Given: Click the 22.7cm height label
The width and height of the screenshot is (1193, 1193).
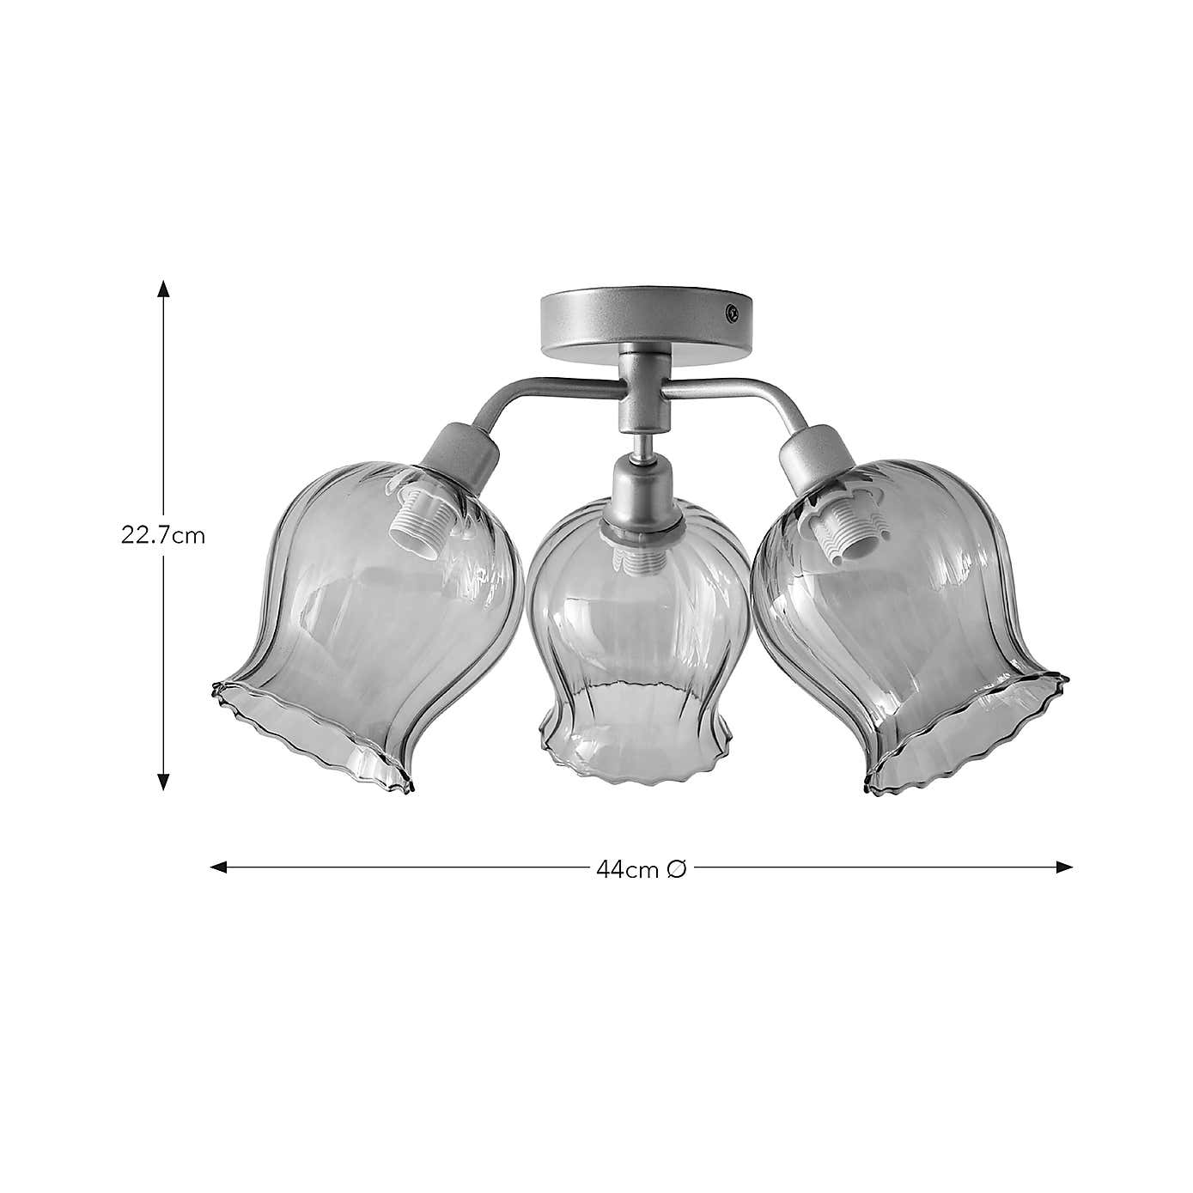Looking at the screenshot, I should click(162, 536).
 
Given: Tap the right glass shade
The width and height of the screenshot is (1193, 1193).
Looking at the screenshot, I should click(910, 618).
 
